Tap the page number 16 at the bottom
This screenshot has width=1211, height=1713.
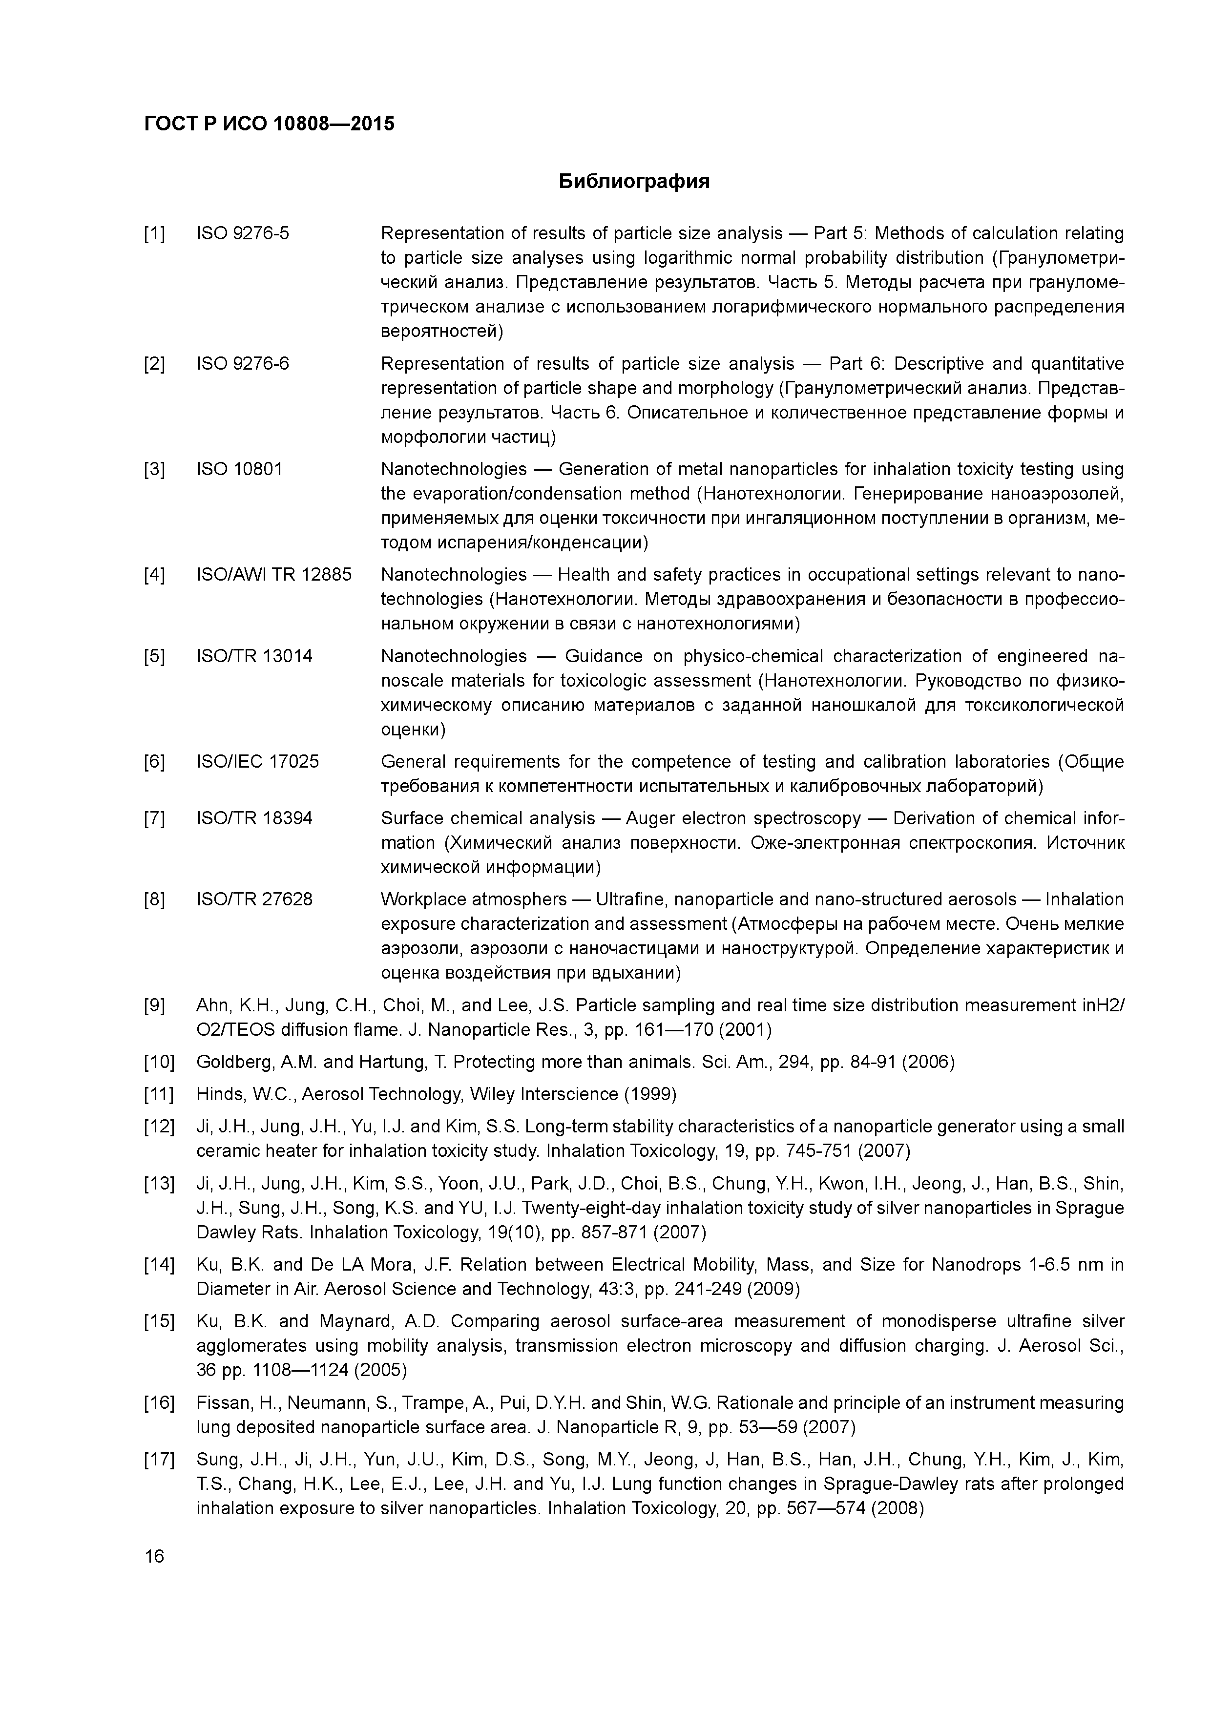click(x=154, y=1556)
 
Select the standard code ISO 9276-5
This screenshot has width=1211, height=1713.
click(x=243, y=233)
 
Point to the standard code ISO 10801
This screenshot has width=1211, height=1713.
click(x=239, y=469)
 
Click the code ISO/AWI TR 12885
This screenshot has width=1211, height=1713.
click(x=274, y=574)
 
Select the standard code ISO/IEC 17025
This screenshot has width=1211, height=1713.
click(x=257, y=762)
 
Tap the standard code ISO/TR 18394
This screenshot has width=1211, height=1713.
click(x=254, y=818)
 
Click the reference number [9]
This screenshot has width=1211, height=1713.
click(x=154, y=1006)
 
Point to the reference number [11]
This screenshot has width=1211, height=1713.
click(x=158, y=1094)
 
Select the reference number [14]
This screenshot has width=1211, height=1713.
click(x=158, y=1265)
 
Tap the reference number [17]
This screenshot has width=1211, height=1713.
click(x=158, y=1460)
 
